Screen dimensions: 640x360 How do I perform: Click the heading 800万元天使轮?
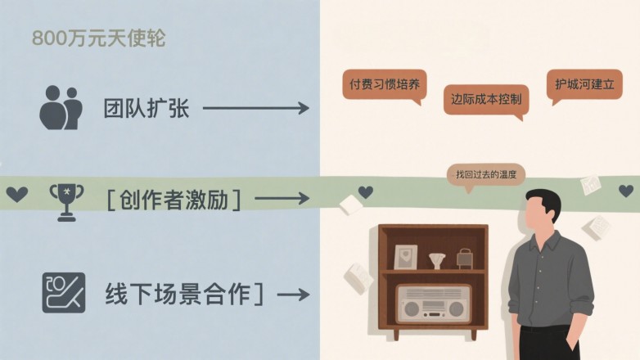click(99, 38)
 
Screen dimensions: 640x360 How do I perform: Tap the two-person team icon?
click(61, 108)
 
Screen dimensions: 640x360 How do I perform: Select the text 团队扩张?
click(146, 108)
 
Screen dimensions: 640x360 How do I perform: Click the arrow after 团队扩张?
click(256, 108)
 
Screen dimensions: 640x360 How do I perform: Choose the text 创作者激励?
click(174, 200)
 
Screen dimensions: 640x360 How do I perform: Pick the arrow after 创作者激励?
click(282, 199)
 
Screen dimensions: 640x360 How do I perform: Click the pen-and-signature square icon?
click(64, 293)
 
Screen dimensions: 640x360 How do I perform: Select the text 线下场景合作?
click(178, 294)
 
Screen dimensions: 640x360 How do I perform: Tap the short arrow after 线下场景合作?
click(293, 295)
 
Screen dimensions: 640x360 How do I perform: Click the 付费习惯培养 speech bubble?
click(385, 87)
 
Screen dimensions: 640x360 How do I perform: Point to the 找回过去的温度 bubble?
click(485, 177)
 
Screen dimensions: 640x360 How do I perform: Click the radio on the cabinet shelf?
click(434, 303)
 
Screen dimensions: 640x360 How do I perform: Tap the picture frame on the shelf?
click(406, 257)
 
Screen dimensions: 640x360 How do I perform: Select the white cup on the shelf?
click(437, 261)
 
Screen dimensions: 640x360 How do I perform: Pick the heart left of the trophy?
click(16, 194)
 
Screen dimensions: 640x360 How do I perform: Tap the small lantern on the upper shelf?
click(465, 259)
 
